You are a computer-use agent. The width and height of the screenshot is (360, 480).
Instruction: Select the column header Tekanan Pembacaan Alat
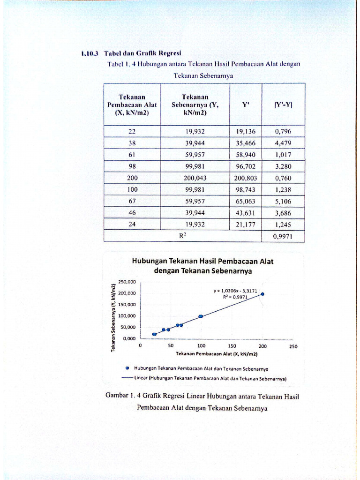coord(132,105)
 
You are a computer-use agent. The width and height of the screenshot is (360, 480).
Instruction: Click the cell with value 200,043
coord(195,178)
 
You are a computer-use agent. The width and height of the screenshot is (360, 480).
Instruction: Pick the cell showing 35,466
coord(246,143)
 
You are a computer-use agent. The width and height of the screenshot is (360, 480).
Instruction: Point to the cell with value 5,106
coord(283,202)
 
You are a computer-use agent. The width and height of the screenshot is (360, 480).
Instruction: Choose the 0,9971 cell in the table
coord(283,237)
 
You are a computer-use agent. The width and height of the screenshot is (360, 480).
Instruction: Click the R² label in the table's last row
coord(183,236)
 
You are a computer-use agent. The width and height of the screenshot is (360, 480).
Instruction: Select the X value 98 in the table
coord(132,166)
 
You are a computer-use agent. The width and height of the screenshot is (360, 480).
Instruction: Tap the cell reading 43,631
coord(246,213)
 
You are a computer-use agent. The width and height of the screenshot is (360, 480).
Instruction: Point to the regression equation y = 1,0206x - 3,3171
coord(235,291)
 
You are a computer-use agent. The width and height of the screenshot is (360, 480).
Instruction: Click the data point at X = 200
coord(262,294)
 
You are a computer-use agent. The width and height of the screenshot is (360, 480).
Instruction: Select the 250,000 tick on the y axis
coord(127,282)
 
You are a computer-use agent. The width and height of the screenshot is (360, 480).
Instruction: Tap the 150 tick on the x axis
coord(232,346)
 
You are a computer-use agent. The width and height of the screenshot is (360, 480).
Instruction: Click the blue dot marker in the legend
coord(127,368)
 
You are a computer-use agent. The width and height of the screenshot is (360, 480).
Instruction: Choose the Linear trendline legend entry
coord(204,377)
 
